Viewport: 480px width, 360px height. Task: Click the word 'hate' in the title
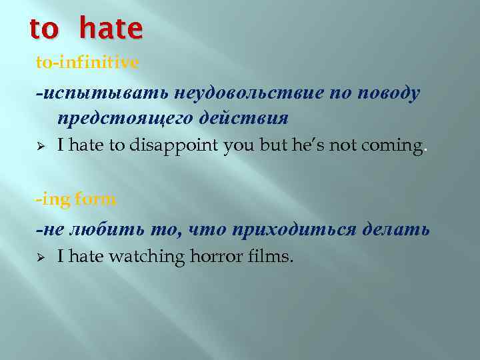[x=111, y=28]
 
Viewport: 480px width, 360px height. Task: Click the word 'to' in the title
[x=45, y=28]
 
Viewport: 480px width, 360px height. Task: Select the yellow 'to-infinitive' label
[x=87, y=63]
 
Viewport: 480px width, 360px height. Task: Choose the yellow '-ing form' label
[x=76, y=199]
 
